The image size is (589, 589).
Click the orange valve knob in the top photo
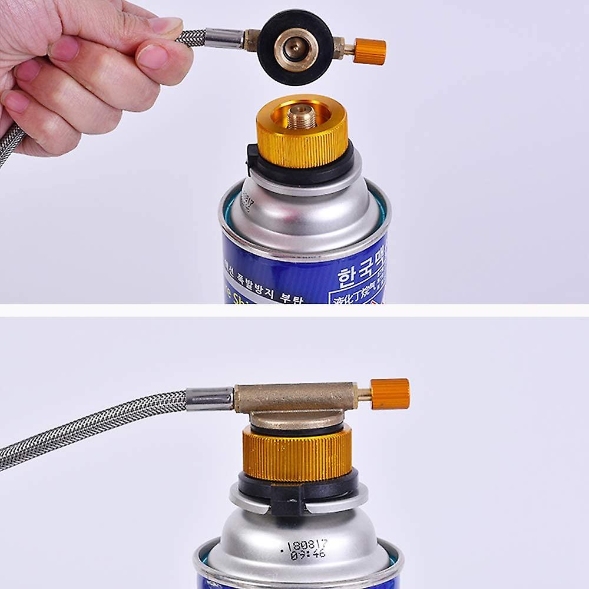370,51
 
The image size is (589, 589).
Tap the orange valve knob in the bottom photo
390,394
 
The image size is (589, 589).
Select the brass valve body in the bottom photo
294,398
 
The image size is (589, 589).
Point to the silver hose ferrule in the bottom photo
210,398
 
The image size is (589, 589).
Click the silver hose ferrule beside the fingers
224,38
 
